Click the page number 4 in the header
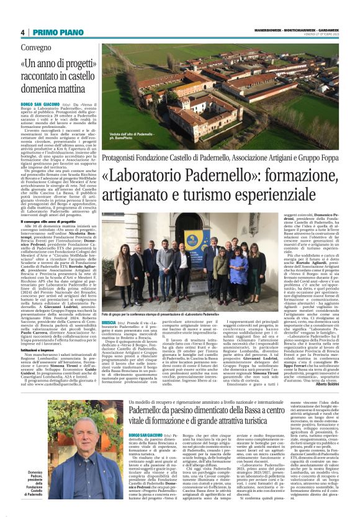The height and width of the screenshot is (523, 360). [22, 32]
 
